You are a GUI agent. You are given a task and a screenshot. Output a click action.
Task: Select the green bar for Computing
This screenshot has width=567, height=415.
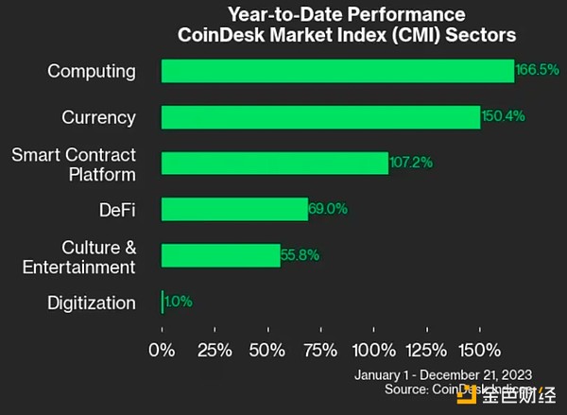click(337, 71)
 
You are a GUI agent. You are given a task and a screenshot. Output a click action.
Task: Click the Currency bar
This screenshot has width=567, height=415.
click(320, 117)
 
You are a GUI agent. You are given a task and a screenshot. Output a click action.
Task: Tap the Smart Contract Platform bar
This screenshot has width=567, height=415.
click(274, 163)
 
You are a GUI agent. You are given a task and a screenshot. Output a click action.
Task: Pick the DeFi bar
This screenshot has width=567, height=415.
click(234, 209)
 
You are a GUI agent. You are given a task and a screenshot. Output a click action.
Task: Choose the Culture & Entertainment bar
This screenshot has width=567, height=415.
click(220, 255)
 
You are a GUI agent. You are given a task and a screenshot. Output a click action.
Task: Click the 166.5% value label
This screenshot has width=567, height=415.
click(537, 70)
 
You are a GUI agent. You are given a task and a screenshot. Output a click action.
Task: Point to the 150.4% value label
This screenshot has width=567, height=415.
click(503, 117)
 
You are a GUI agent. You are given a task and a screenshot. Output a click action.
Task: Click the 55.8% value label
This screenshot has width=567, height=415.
click(301, 255)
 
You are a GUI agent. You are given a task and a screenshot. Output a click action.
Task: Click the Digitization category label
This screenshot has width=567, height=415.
click(91, 303)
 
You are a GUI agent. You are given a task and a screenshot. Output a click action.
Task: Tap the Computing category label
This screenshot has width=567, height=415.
click(92, 71)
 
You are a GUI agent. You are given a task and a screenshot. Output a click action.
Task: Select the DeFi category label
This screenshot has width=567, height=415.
click(112, 210)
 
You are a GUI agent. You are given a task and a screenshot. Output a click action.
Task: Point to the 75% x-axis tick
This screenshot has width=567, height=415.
click(322, 351)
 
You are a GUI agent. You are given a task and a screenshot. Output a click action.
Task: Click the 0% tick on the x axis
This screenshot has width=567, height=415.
click(162, 351)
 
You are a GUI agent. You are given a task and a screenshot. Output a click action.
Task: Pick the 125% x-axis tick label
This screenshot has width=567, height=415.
click(427, 351)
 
